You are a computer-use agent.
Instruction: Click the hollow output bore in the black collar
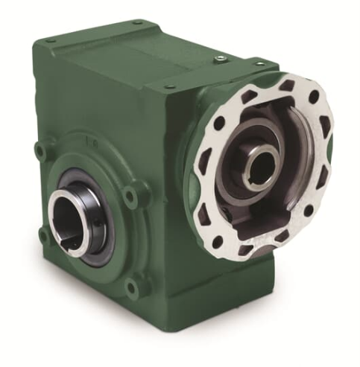point(69,220)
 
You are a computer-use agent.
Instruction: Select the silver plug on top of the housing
point(220,58)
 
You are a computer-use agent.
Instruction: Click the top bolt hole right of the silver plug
point(259,66)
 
